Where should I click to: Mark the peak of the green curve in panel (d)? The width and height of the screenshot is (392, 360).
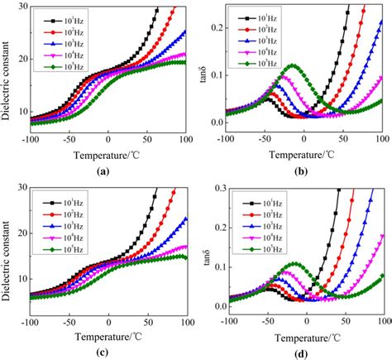(x=293, y=264)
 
